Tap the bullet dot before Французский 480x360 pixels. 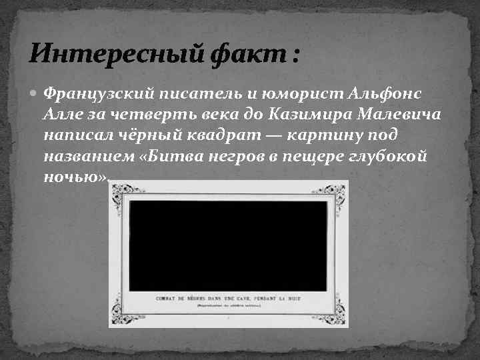pos(37,93)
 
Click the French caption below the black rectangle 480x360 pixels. pos(229,298)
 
